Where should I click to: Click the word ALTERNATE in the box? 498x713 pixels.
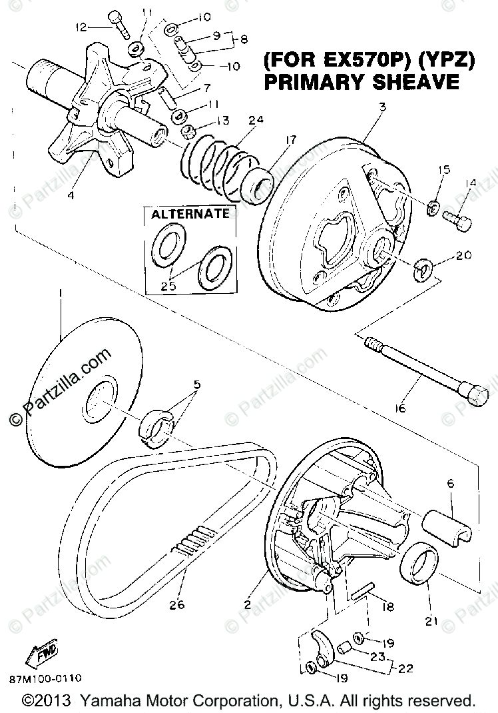pyautogui.click(x=190, y=215)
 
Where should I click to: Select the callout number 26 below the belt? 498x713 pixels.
pyautogui.click(x=176, y=605)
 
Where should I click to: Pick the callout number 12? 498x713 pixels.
pyautogui.click(x=81, y=27)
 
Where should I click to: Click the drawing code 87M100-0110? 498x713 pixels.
pyautogui.click(x=45, y=678)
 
